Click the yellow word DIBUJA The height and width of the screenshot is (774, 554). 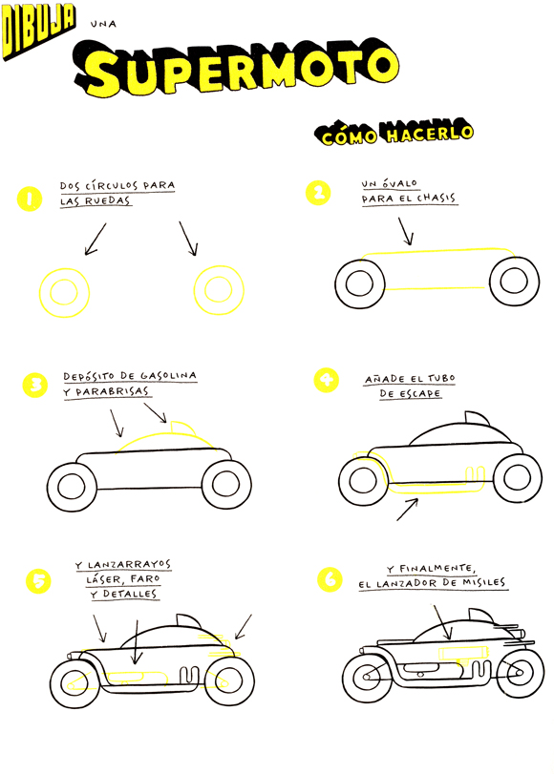(38, 30)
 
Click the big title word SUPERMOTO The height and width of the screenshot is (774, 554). (236, 68)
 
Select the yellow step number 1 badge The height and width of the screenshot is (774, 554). (30, 199)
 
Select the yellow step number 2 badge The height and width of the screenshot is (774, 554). (318, 193)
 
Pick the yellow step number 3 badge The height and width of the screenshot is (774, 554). (35, 385)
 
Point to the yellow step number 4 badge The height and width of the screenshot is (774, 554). (326, 380)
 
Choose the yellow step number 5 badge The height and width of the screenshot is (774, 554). (38, 581)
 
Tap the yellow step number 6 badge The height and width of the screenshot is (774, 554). (330, 579)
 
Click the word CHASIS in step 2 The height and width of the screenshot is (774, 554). (436, 198)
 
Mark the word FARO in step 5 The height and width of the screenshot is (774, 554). (145, 578)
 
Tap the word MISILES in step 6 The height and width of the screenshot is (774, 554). (484, 582)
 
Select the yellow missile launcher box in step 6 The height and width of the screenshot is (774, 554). (463, 653)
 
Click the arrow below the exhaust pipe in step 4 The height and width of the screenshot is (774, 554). (407, 510)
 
